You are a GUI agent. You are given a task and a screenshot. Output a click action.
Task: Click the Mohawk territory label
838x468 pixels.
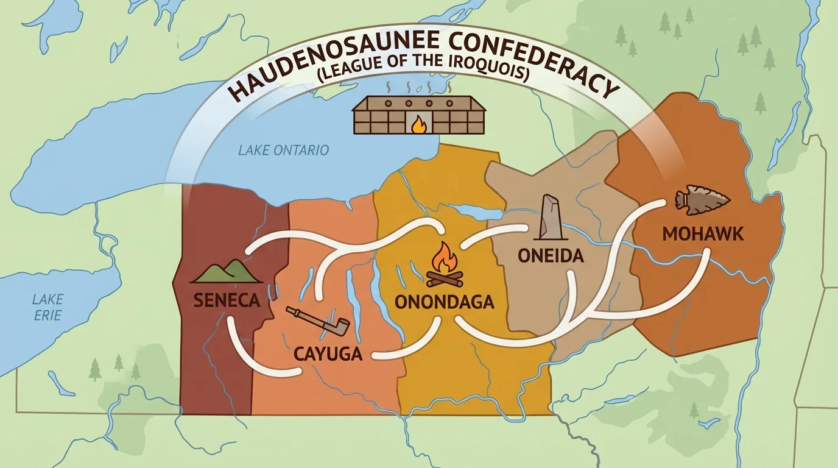point(703,233)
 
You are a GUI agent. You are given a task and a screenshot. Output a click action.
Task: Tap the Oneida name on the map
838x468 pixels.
point(551,255)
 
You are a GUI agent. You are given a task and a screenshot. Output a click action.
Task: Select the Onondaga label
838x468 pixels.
point(444,302)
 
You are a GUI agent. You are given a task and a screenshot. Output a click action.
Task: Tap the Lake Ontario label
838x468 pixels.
point(283,150)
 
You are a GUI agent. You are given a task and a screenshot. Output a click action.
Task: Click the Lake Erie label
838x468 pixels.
point(48,307)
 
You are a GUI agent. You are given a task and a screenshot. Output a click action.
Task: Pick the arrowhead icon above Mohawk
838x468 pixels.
point(702,199)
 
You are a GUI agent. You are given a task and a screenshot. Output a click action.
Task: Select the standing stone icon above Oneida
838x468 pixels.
point(550,218)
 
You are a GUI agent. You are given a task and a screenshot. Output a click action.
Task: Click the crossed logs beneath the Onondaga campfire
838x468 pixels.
point(444,279)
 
